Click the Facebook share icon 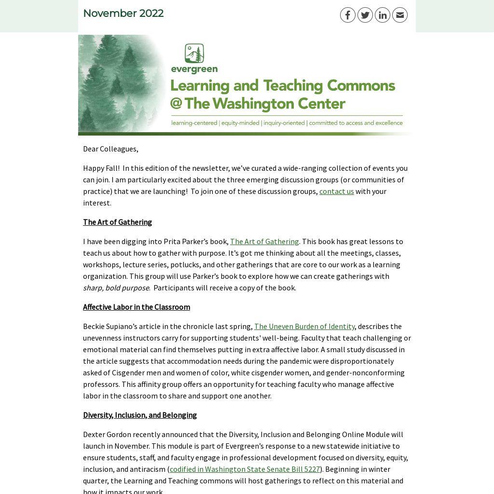point(348,15)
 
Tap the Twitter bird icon point(365,15)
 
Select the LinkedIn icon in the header point(383,15)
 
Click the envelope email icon point(400,15)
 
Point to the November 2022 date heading point(123,14)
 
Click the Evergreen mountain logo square point(194,54)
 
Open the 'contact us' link point(336,191)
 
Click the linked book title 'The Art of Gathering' point(264,241)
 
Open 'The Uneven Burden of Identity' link point(304,326)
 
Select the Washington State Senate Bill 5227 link point(245,469)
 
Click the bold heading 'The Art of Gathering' point(117,222)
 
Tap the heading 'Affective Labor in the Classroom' point(137,307)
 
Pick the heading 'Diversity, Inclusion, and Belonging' point(140,415)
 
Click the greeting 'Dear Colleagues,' point(110,149)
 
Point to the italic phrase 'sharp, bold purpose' point(116,288)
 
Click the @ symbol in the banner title point(176,104)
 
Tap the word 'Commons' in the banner point(361,85)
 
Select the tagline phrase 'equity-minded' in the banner point(240,123)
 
